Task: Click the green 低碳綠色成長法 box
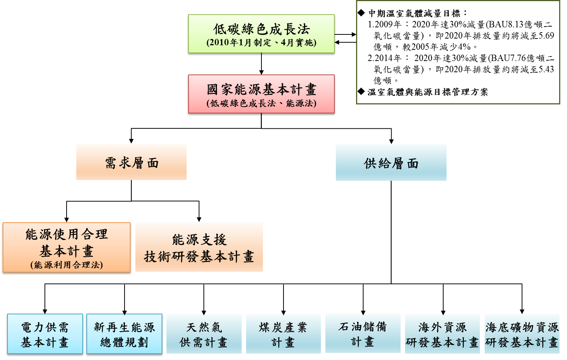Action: [261, 34]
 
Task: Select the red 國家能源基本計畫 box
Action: [261, 94]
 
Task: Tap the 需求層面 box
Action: [131, 162]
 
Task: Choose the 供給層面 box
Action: [391, 162]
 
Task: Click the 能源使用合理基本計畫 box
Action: [67, 247]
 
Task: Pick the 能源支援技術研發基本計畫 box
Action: [199, 247]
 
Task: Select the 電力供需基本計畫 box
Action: [45, 334]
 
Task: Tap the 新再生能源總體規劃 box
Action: [124, 334]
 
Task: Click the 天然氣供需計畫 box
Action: [204, 334]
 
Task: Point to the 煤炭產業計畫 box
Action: [283, 334]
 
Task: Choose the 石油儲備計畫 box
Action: [363, 333]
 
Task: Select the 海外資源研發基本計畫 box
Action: [442, 334]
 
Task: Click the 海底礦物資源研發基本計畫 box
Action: [522, 334]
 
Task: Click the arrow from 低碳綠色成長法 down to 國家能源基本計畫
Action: [261, 64]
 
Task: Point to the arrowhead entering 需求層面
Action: [131, 141]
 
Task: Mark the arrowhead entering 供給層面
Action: [391, 141]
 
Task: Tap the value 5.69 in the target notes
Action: [546, 36]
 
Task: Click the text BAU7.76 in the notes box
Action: [508, 58]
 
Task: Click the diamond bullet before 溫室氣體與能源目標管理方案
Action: [361, 91]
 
